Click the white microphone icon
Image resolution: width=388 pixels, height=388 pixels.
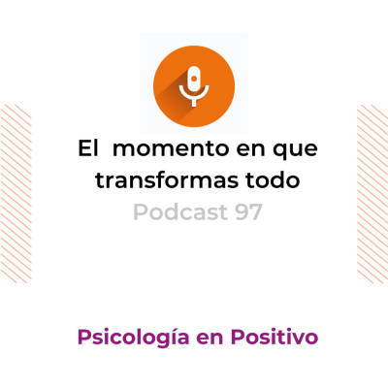click(x=194, y=82)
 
